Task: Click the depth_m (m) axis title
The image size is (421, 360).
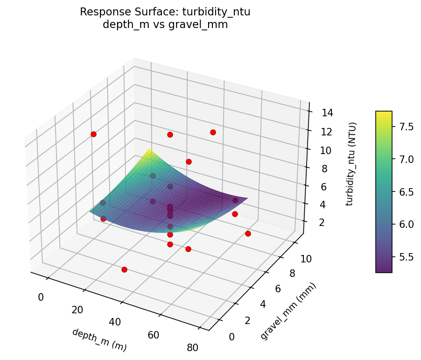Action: pos(99,339)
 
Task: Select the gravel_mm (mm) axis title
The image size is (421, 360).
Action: pos(288,311)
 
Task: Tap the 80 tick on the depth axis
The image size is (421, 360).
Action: pos(192,347)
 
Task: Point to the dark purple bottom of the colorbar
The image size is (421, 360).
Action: pos(384,270)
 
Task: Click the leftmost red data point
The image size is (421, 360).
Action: pos(93,134)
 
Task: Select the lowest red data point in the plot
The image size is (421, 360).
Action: pos(124,269)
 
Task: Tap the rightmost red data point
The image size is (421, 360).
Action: pos(248,233)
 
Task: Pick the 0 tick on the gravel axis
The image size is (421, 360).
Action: pos(232,337)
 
